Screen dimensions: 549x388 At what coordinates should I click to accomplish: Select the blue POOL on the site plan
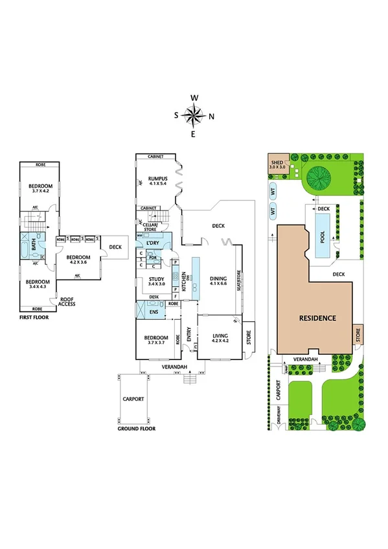[323, 236]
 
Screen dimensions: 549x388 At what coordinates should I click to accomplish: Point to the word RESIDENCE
[317, 318]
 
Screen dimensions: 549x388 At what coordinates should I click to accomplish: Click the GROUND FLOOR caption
[136, 429]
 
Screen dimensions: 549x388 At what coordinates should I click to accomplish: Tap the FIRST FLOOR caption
[34, 318]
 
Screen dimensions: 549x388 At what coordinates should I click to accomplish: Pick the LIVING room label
[221, 335]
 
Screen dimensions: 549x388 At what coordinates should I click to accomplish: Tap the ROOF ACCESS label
[67, 302]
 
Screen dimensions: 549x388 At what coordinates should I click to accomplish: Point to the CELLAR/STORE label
[150, 227]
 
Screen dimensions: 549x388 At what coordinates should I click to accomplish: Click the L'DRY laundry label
[154, 243]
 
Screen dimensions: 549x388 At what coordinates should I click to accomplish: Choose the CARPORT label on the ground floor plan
[133, 399]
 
